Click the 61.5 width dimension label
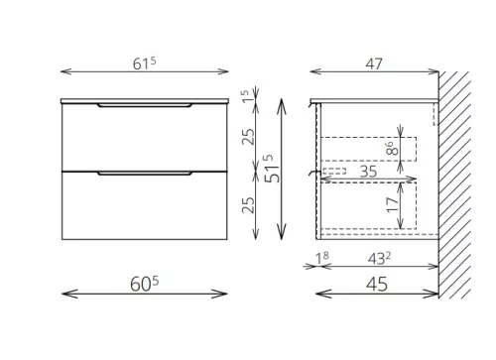coord(144,63)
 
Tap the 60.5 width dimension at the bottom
coord(144,284)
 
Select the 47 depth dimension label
coord(374,63)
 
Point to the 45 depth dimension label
coord(377,284)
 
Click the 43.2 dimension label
coord(379,259)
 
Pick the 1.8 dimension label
coord(322,258)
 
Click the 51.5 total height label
coord(273,169)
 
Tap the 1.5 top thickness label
coord(245,96)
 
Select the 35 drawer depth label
coord(368,172)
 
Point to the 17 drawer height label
coord(393,205)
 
